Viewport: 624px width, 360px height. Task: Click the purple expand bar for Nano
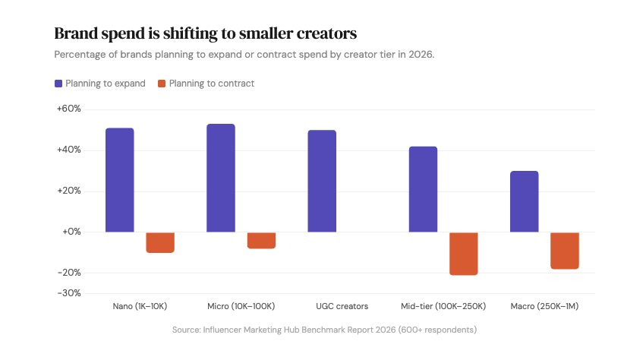coord(120,180)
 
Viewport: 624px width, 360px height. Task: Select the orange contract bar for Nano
coord(160,242)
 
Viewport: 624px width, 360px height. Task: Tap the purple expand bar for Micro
coord(221,178)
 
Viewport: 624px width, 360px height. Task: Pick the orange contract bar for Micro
coord(261,240)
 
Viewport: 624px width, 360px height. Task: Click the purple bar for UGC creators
coord(322,181)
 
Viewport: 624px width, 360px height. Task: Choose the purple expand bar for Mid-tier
coord(423,189)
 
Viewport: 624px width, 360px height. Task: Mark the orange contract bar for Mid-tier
coord(463,254)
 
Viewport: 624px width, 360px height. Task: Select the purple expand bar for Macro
coord(524,201)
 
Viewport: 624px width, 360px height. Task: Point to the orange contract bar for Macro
coord(564,251)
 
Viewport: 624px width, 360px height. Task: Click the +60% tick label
coord(69,109)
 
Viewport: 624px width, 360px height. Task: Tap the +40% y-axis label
coord(69,150)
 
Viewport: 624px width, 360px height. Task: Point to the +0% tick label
coord(71,232)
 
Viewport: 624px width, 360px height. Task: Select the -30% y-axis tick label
coord(70,293)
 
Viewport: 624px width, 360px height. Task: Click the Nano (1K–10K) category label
coord(140,307)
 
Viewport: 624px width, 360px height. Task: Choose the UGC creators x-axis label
coord(342,307)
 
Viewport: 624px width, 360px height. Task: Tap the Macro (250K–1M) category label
coord(544,307)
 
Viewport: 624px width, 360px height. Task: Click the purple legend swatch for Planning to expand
coord(58,84)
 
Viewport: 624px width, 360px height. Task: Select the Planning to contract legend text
coord(212,84)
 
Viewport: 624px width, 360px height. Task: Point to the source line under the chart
coord(324,330)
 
